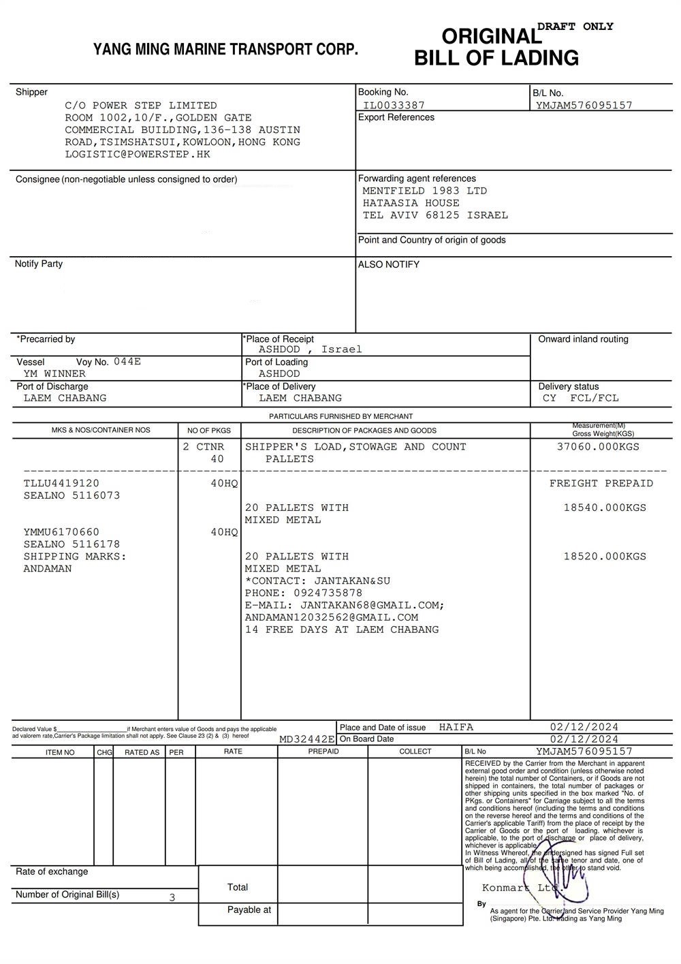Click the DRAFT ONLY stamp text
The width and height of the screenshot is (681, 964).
coord(575,27)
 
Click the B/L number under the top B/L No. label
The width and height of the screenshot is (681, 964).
coord(584,106)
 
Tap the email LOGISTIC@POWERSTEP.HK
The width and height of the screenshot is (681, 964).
coord(138,155)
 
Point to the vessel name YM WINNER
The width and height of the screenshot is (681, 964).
coord(54,374)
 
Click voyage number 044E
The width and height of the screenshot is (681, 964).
coord(127,362)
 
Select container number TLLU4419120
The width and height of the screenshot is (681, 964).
coord(61,484)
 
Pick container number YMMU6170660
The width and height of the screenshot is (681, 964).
coord(61,532)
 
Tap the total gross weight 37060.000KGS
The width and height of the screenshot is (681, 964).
coord(598,447)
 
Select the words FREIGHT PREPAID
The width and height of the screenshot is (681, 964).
coord(601,484)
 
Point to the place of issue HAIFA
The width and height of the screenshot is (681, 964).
coord(456,728)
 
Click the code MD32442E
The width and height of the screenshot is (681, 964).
coord(307,739)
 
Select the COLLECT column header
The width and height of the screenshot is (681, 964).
coord(415,751)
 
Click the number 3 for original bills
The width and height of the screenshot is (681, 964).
coord(172,897)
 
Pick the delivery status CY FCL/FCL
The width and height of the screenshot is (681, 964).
coord(581,399)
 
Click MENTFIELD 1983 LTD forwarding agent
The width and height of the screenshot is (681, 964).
coord(424,191)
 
